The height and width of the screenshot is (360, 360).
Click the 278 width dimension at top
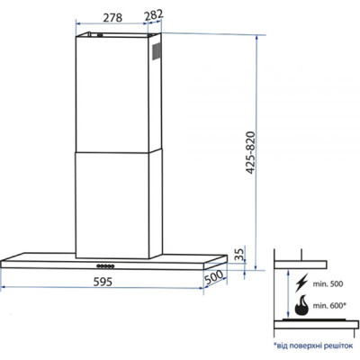click(x=112, y=16)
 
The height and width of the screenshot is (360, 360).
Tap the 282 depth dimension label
click(x=153, y=16)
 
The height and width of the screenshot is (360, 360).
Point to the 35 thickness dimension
click(x=238, y=255)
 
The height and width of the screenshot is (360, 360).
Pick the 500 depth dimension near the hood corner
click(x=214, y=278)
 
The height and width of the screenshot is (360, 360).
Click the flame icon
click(x=301, y=306)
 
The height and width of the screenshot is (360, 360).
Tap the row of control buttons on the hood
click(x=105, y=265)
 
